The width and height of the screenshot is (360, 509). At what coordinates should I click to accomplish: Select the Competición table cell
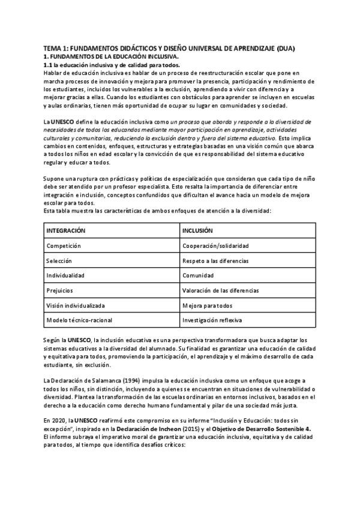64,246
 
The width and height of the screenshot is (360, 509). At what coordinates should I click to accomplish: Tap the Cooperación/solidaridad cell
215,246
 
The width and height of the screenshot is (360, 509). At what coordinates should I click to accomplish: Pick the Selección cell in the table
59,261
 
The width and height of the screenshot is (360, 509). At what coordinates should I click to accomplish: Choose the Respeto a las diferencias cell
217,261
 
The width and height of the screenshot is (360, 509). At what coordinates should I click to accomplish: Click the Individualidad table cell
65,276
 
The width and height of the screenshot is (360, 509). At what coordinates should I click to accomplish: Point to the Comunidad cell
199,276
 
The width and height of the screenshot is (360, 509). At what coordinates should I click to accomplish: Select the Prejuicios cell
60,291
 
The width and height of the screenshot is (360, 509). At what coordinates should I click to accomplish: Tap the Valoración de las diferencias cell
220,291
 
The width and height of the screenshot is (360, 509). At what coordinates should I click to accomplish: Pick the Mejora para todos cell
207,305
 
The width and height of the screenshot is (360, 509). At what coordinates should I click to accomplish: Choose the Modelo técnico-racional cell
79,320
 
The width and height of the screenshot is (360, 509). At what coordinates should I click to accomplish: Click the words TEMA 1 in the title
56,49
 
